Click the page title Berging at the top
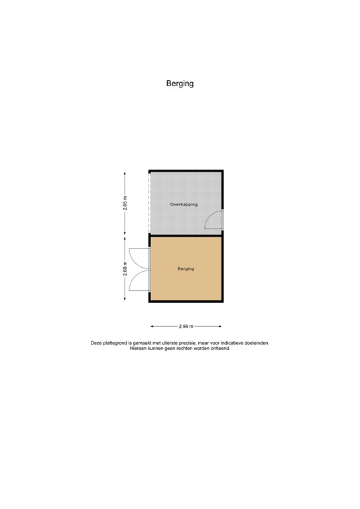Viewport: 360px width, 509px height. (x=180, y=84)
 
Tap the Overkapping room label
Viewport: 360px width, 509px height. (x=184, y=205)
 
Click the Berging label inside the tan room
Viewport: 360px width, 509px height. (x=186, y=269)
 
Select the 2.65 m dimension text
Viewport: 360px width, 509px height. (x=125, y=203)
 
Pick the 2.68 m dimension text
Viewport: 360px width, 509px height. (x=125, y=268)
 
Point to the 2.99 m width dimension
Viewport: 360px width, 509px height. (x=186, y=326)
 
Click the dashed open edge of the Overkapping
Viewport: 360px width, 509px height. (x=150, y=202)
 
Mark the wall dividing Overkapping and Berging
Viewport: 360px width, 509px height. (x=186, y=235)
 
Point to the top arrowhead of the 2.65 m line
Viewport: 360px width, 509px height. (x=125, y=172)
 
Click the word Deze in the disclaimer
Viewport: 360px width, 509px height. (x=97, y=343)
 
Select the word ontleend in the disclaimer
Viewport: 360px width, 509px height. (x=219, y=348)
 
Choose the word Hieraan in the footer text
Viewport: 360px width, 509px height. (x=139, y=348)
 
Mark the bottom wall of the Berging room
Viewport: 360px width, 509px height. (x=186, y=301)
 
